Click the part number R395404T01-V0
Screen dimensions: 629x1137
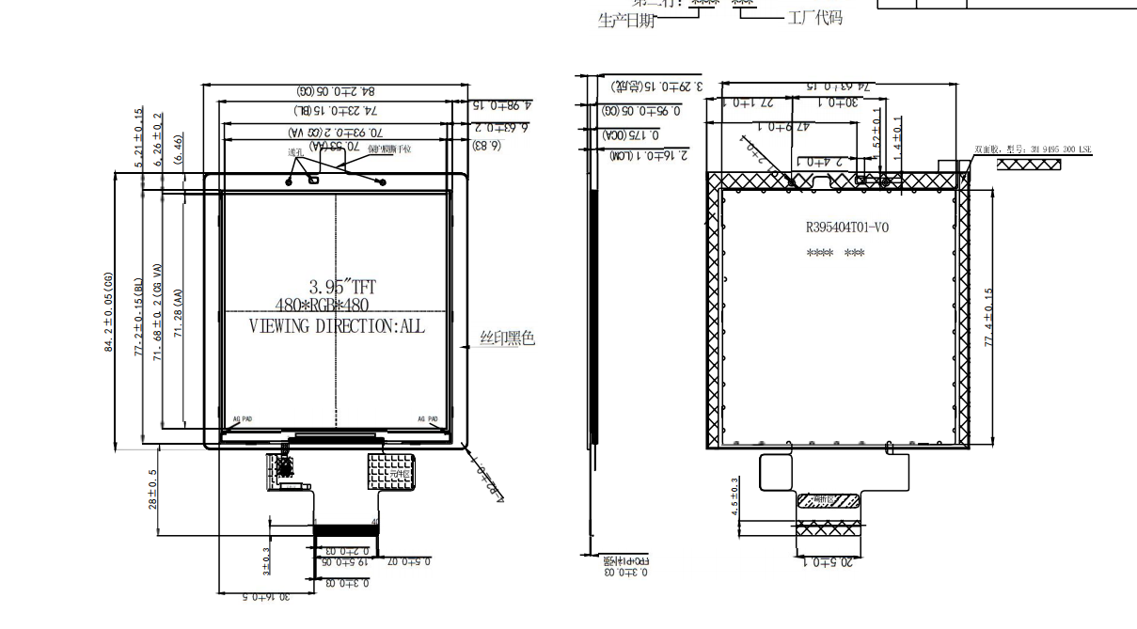point(846,227)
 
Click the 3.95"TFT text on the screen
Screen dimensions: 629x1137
point(343,288)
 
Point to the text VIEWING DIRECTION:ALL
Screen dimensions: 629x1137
point(336,326)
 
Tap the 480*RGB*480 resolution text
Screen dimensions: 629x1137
point(322,306)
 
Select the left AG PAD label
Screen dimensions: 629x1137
point(242,419)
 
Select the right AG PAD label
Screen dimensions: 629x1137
point(428,419)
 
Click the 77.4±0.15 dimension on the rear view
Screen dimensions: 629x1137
point(988,317)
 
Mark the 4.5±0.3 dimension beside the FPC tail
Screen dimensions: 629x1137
point(735,495)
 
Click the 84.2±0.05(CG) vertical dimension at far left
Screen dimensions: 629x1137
point(109,312)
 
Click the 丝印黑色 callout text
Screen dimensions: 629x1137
point(508,338)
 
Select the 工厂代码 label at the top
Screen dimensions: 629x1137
point(814,18)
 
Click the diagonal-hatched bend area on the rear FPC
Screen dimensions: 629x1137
point(829,501)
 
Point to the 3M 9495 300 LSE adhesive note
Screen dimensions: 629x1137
point(1033,149)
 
